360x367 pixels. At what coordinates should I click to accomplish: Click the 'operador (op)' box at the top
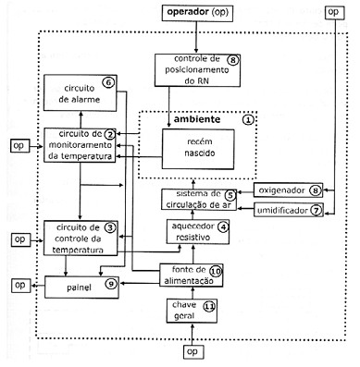coord(197,13)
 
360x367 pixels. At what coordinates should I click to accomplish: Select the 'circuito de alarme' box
coord(81,92)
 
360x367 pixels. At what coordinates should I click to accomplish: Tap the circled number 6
coord(108,82)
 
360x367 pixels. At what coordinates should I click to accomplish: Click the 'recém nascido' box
coord(198,149)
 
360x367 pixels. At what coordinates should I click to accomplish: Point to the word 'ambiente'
coord(197,119)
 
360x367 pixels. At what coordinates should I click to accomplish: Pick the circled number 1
coord(248,119)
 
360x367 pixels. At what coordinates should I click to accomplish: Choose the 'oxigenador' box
coord(288,190)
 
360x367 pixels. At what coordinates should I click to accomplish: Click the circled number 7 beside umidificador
coord(316,211)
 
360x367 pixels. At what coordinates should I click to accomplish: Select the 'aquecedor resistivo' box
coord(198,232)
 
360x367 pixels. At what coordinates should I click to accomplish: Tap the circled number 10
coord(217,272)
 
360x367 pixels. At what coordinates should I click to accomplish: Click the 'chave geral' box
coord(192,311)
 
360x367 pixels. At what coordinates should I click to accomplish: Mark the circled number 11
coord(209,307)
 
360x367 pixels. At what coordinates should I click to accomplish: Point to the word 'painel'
coord(79,287)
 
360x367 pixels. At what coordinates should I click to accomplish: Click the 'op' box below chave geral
coord(193,352)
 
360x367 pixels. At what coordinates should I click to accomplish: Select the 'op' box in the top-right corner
coord(334,12)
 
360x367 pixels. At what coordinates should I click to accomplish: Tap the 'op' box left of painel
coord(21,285)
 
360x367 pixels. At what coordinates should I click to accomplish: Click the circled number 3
coord(110,228)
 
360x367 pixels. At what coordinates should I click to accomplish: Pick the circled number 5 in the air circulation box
coord(230,195)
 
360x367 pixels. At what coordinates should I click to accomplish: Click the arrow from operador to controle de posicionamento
coord(195,37)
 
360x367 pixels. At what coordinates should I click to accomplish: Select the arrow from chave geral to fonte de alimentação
coord(192,293)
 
